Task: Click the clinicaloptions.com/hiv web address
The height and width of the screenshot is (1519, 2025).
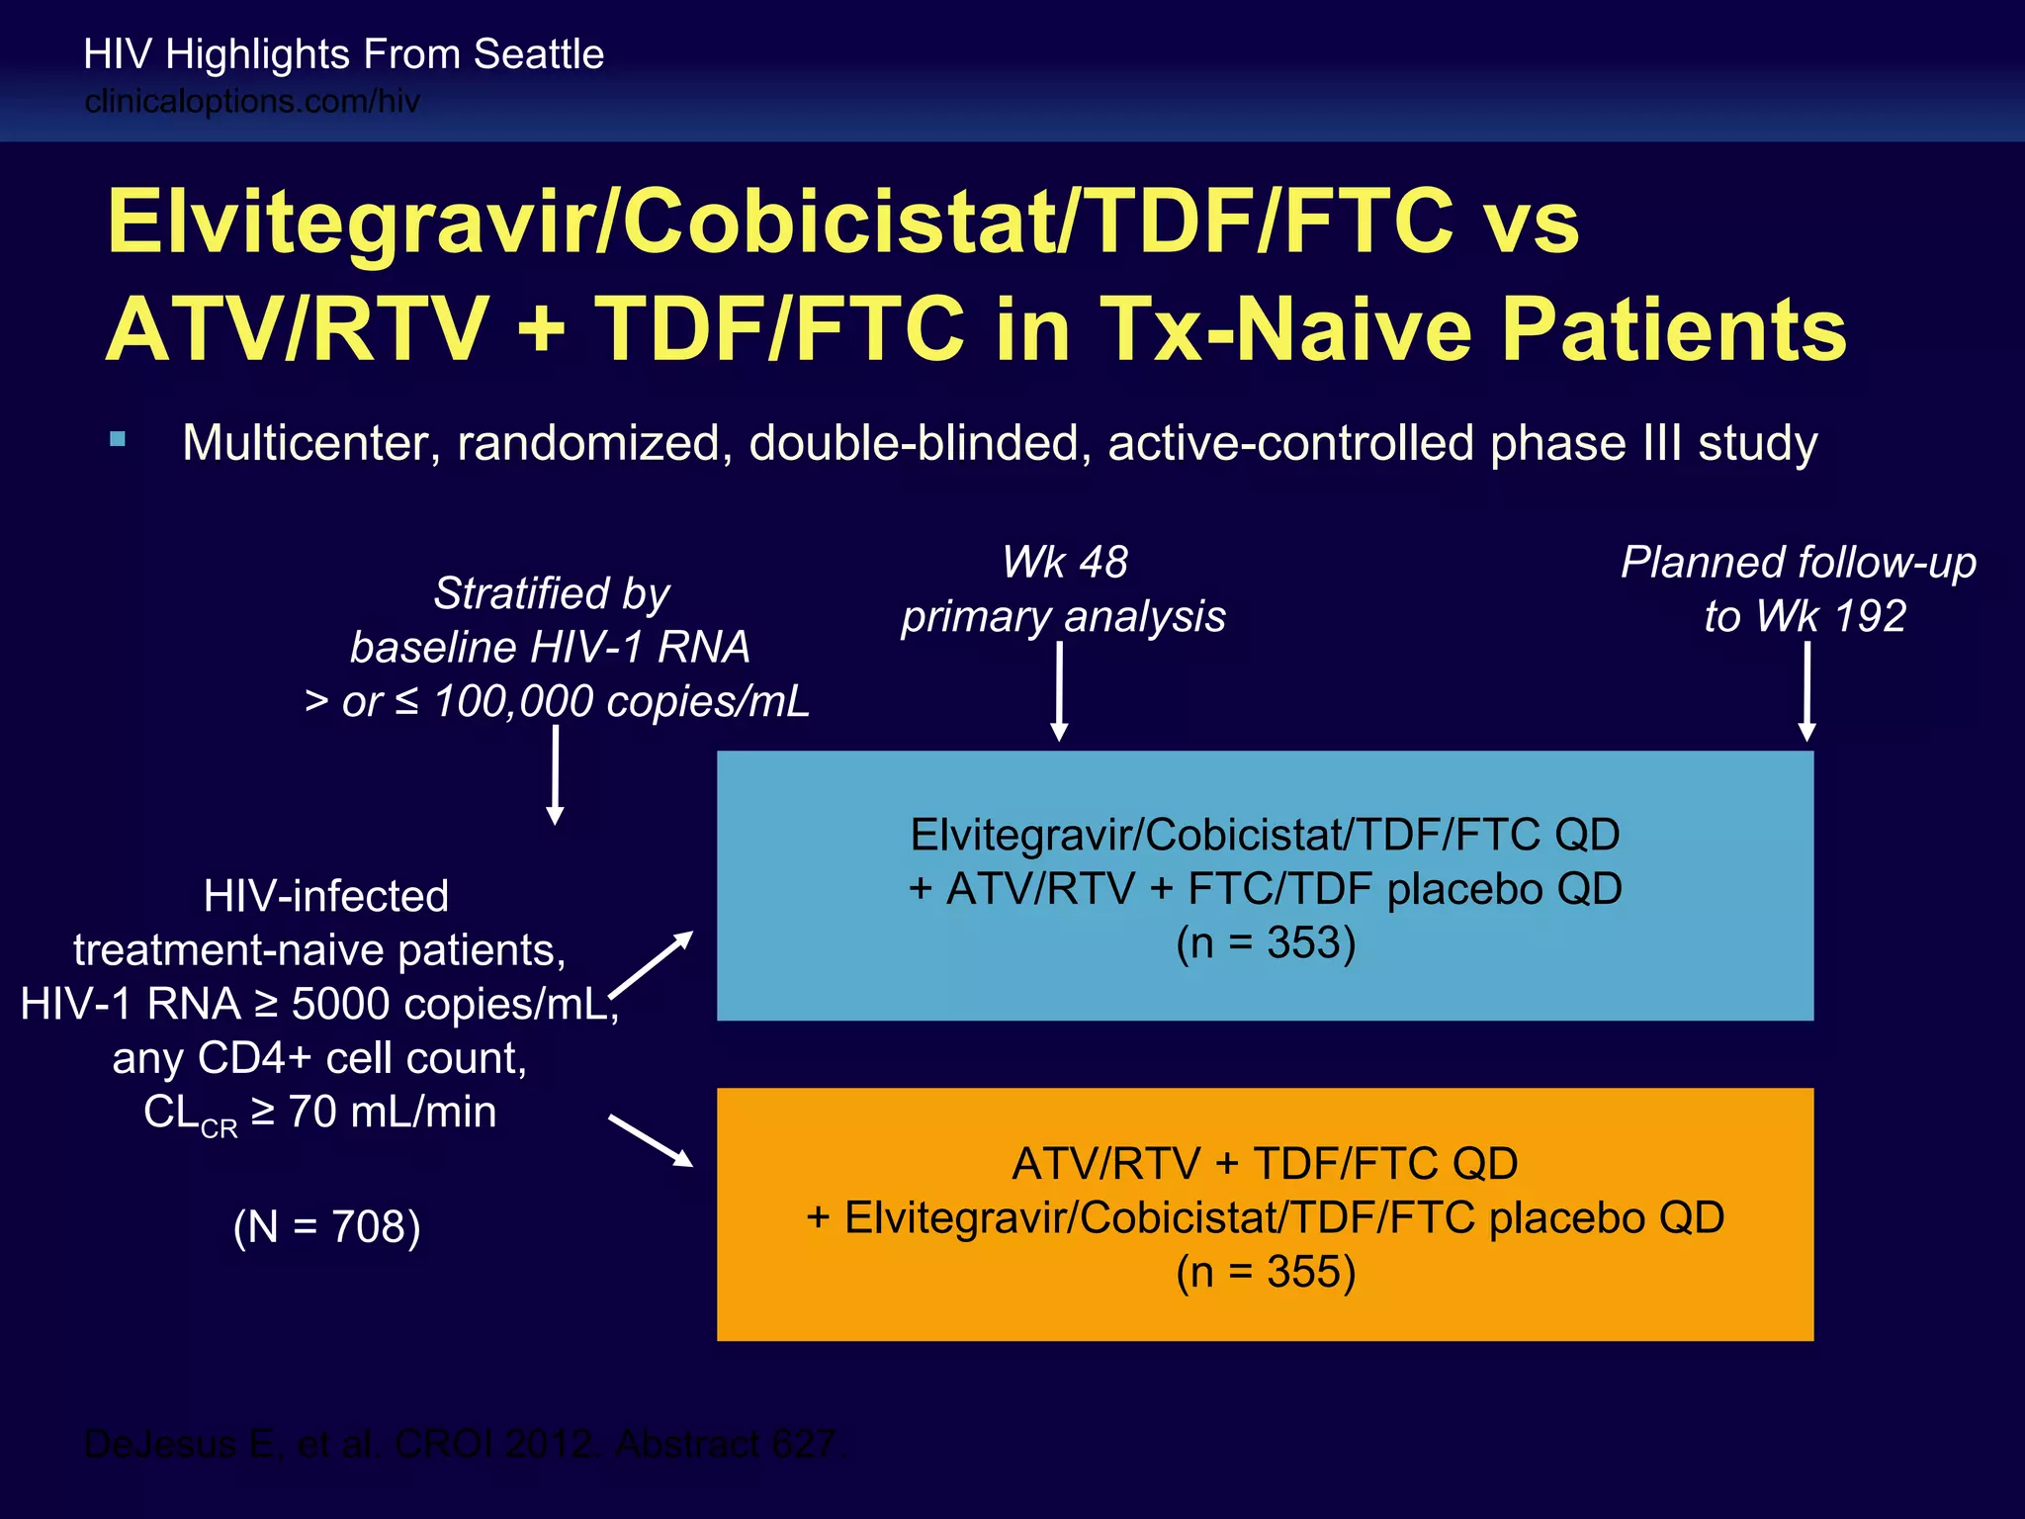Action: tap(252, 101)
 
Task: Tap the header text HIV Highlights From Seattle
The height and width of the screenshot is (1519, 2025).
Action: tap(343, 54)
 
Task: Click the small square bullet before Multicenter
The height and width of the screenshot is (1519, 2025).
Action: tap(119, 440)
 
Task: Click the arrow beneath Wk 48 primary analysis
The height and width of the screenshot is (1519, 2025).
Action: tap(1059, 691)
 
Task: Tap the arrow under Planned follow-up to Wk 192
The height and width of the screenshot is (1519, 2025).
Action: tap(1806, 691)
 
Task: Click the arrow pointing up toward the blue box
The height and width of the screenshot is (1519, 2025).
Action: tap(652, 964)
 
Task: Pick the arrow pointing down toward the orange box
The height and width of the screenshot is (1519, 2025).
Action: tap(651, 1140)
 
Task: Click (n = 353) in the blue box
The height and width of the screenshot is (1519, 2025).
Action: tap(1265, 942)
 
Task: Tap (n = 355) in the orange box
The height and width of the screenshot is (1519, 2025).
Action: tap(1265, 1272)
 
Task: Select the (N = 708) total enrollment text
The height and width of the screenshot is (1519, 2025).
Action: tap(327, 1227)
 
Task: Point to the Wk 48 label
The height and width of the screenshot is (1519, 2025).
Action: tap(1064, 563)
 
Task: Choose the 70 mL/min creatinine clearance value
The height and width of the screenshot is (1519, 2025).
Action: tap(393, 1113)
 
